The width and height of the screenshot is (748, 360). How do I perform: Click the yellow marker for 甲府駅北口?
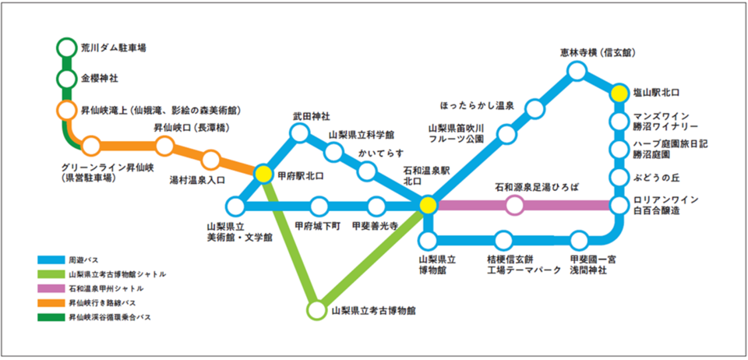263,174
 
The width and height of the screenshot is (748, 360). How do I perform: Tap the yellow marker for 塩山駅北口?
619,93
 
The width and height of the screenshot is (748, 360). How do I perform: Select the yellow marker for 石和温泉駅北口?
428,205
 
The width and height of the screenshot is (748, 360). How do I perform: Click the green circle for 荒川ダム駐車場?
66,48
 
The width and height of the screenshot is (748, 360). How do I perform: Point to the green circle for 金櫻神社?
66,79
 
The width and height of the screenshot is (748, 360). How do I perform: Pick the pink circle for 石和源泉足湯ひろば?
515,206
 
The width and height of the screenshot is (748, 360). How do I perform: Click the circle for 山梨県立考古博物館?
316,310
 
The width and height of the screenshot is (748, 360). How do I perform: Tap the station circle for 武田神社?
299,132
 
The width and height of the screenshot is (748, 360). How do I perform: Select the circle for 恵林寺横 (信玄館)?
577,72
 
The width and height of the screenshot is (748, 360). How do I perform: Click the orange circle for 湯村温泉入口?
211,161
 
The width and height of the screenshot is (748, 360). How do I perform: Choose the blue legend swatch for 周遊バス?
51,259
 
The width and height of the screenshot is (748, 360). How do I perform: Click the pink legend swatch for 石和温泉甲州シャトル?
51,288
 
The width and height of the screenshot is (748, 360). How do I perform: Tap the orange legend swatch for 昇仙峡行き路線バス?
51,303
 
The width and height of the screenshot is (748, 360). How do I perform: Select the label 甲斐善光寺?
375,224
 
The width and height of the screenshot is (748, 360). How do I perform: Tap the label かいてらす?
380,153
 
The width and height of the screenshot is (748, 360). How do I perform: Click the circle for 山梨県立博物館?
429,240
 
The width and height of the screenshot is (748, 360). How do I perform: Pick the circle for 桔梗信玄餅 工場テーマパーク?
504,240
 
